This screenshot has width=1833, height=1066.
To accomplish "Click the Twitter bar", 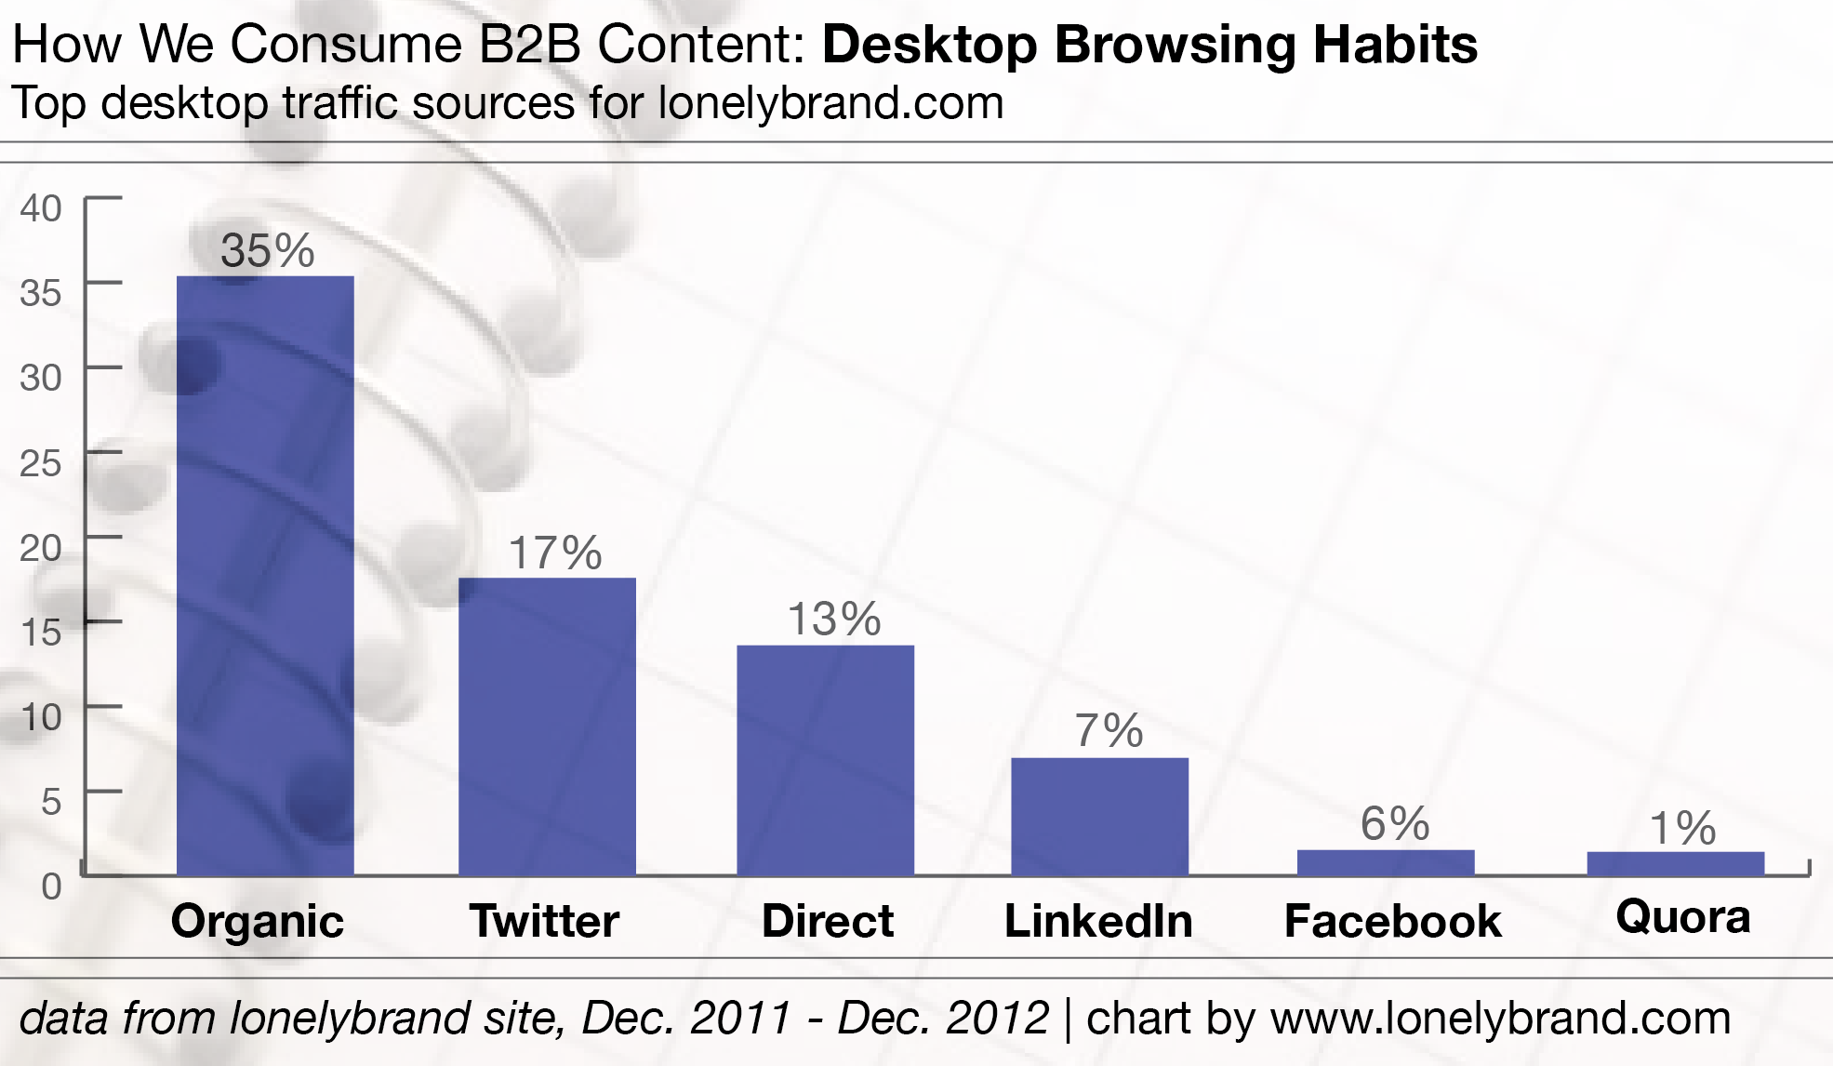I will pyautogui.click(x=547, y=726).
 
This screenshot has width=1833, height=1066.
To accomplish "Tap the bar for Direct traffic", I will pyautogui.click(x=825, y=759).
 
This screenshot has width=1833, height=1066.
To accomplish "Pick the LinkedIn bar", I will pyautogui.click(x=1099, y=816).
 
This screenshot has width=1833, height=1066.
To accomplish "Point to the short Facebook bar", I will pyautogui.click(x=1386, y=862).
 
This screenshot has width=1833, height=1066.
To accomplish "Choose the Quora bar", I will pyautogui.click(x=1675, y=863).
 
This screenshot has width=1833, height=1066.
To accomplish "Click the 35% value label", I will pyautogui.click(x=268, y=250).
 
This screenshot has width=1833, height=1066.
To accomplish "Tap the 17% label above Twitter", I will pyautogui.click(x=555, y=553).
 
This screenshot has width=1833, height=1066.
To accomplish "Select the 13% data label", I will pyautogui.click(x=834, y=620).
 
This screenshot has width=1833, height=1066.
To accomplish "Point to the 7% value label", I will pyautogui.click(x=1109, y=731).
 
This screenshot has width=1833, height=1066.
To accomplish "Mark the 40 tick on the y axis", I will pyautogui.click(x=41, y=208).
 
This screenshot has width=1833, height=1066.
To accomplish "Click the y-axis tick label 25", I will pyautogui.click(x=41, y=462).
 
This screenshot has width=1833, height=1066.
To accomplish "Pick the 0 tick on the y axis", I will pyautogui.click(x=51, y=886).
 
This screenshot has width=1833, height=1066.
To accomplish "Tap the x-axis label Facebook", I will pyautogui.click(x=1392, y=922).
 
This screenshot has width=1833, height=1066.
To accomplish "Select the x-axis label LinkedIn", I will pyautogui.click(x=1098, y=922).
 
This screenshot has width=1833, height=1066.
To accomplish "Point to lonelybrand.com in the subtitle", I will pyautogui.click(x=830, y=102).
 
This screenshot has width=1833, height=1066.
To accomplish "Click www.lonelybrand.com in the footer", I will pyautogui.click(x=1500, y=1018).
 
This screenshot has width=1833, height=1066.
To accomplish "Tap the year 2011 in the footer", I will pyautogui.click(x=739, y=1018).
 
